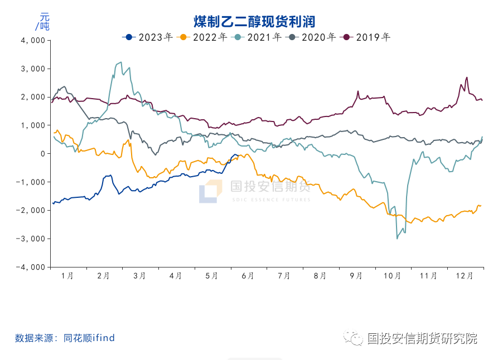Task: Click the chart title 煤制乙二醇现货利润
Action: [254, 22]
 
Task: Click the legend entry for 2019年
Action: [367, 37]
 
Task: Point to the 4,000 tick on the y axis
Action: [32, 41]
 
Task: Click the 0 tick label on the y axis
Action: [42, 154]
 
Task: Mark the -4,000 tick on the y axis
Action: [31, 267]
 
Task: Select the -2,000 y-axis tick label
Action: [31, 211]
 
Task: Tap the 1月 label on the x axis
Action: [67, 276]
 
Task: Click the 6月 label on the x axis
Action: [248, 276]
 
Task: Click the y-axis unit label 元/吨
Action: [42, 21]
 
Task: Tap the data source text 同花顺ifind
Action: [89, 338]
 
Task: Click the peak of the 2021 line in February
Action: [120, 62]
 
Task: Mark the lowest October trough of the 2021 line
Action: [397, 239]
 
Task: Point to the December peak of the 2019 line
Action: [467, 77]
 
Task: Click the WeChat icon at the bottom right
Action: [353, 338]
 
